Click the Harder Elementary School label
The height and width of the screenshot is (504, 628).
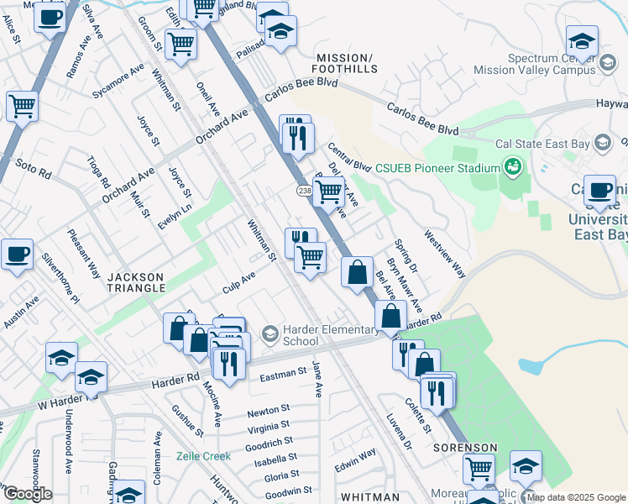pos(301,335)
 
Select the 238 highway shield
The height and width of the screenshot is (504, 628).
pos(304,192)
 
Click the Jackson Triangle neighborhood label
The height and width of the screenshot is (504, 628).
pos(136,281)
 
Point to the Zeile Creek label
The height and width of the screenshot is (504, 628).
pos(203,456)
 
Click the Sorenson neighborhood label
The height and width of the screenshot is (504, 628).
pos(465,448)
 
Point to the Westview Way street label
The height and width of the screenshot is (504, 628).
pos(444,254)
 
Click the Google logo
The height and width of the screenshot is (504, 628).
pos(27,494)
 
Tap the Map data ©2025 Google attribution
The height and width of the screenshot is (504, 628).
pos(576,497)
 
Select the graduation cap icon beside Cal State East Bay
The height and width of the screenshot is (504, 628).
pos(601,144)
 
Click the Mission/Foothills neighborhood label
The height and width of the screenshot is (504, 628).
pos(347,63)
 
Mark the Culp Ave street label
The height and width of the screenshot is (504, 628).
pos(238,278)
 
